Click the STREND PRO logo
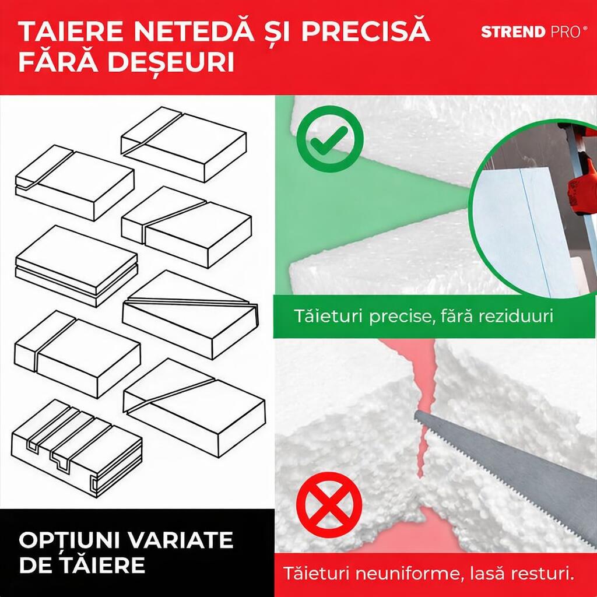pos(531,32)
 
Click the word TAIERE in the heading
pos(68,32)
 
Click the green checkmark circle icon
pos(329,139)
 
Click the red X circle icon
pos(329,505)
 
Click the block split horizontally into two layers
pos(76,265)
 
